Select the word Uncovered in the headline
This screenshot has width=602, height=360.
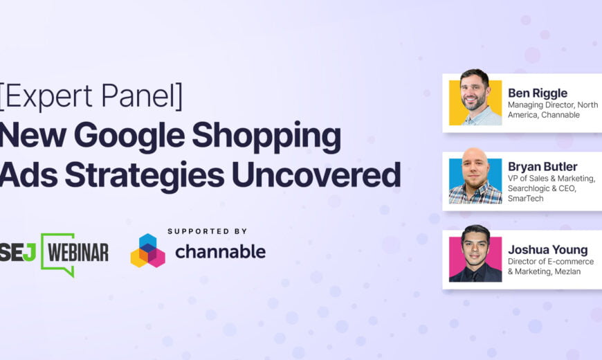(x=316, y=175)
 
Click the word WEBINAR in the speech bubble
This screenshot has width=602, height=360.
(x=78, y=253)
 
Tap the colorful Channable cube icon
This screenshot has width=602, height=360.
(x=148, y=251)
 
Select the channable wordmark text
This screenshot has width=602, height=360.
(x=220, y=251)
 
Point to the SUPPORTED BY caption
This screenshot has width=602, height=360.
(x=208, y=231)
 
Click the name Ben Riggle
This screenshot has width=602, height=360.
(x=538, y=93)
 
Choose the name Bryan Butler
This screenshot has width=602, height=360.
(x=542, y=166)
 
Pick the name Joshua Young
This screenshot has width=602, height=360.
(x=548, y=250)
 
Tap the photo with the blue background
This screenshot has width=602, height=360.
(x=475, y=176)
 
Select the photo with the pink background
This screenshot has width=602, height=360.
(x=475, y=254)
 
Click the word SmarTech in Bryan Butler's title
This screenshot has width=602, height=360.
(x=526, y=199)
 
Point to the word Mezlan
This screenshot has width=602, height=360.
(x=567, y=271)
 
